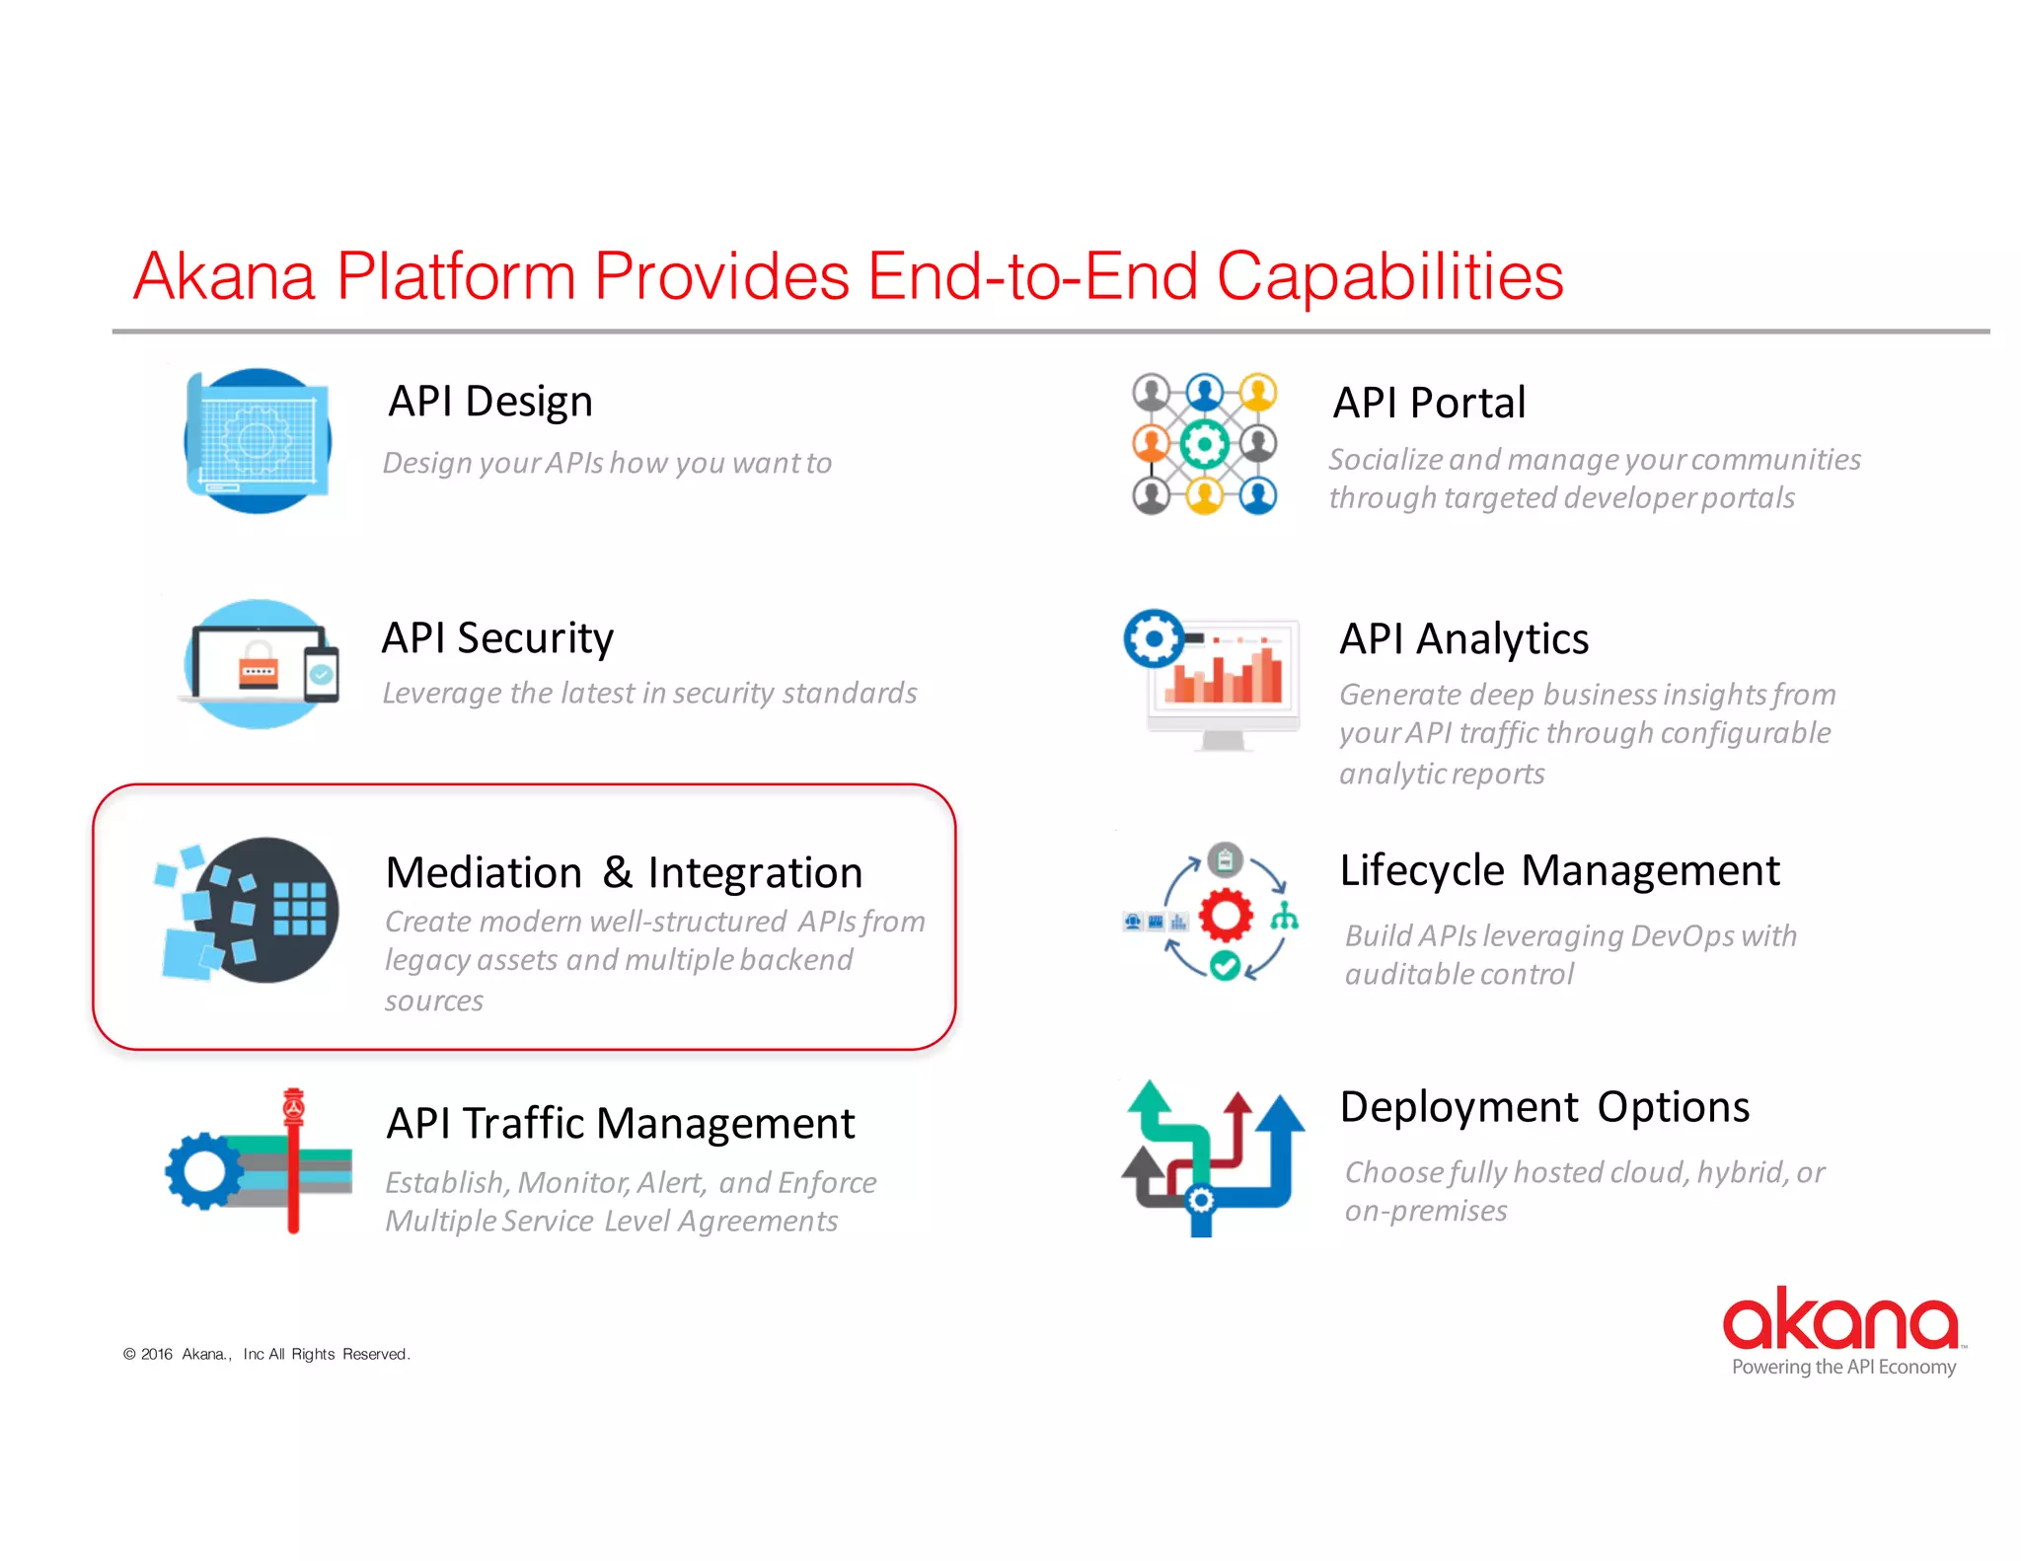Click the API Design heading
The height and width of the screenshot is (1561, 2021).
point(490,402)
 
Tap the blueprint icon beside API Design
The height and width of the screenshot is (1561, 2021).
point(258,441)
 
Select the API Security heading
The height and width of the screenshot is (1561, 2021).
point(497,638)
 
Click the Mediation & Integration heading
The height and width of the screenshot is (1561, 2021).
point(624,873)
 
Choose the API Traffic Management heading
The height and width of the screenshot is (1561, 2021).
point(620,1124)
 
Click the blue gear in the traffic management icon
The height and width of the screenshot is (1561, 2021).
point(203,1171)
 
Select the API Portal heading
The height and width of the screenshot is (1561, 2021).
point(1429,404)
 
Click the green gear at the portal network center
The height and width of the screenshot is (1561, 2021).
point(1205,444)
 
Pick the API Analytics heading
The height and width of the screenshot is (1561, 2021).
point(1463,639)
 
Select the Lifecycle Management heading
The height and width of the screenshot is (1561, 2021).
point(1559,871)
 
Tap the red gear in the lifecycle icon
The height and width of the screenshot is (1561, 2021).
point(1226,915)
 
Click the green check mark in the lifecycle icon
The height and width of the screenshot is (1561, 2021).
point(1225,966)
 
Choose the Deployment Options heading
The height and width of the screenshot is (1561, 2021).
point(1544,1107)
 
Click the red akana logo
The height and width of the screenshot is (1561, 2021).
point(1840,1319)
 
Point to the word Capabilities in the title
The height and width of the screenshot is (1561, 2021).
point(1389,276)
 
